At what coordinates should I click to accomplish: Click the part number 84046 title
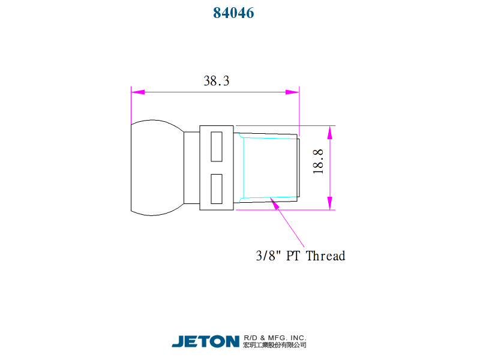coord(234,13)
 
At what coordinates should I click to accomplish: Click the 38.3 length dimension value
coord(217,81)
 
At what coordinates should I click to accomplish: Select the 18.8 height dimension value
coord(318,161)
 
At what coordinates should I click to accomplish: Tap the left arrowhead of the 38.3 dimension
coord(137,92)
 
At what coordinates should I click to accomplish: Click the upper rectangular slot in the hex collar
coord(217,146)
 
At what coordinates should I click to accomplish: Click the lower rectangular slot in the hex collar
coord(217,188)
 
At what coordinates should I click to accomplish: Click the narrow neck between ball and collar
coord(191,167)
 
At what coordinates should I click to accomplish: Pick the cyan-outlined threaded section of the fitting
coord(270,167)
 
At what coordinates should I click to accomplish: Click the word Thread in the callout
coord(326,256)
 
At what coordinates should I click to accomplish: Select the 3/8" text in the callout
coord(268,256)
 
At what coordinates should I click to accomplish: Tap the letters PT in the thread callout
coord(293,256)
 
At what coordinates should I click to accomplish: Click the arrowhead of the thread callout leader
coord(275,203)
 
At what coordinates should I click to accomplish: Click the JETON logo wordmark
coord(206,341)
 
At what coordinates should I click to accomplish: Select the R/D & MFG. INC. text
coord(275,337)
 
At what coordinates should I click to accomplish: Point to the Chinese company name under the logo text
coord(275,345)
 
